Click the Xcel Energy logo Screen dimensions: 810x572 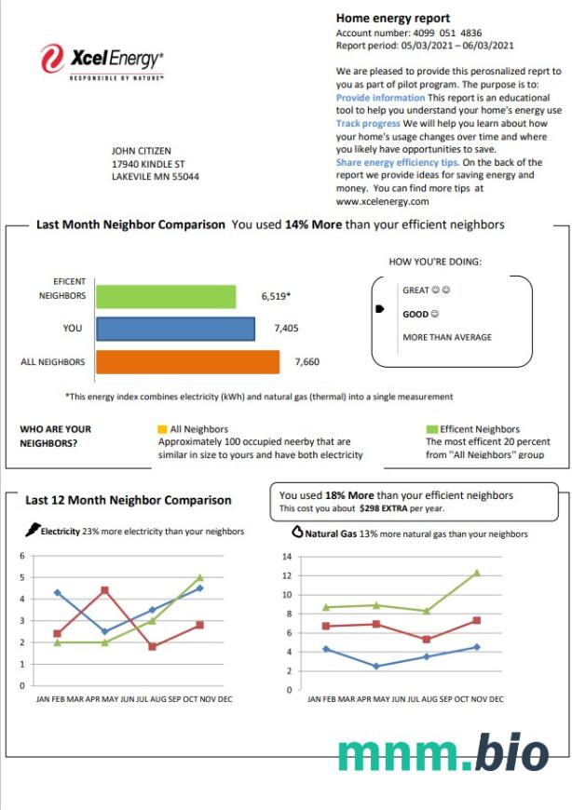click(102, 62)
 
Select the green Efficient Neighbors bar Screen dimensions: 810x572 click(165, 296)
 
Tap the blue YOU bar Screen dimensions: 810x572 click(175, 329)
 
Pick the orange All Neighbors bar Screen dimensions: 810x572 click(187, 361)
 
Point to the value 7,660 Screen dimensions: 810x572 click(307, 361)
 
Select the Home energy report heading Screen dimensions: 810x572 click(392, 18)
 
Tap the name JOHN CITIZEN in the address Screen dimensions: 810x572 click(141, 151)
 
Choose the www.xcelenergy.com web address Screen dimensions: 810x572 click(382, 201)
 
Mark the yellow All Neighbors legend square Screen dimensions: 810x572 click(162, 429)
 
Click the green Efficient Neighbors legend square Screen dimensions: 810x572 click(431, 429)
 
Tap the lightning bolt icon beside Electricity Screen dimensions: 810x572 click(33, 531)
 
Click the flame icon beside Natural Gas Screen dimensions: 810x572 click(297, 533)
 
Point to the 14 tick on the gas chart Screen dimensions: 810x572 click(286, 556)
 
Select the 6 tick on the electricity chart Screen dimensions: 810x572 click(21, 556)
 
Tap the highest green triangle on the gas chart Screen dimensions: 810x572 click(476, 573)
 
